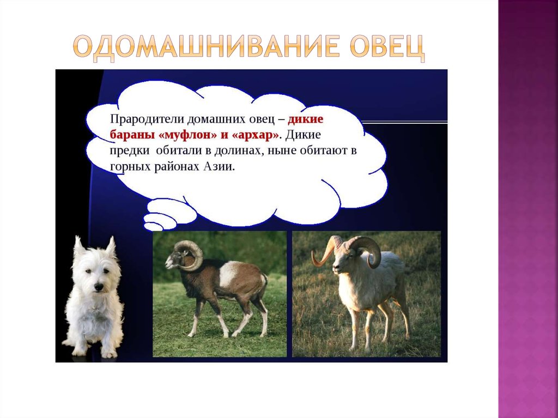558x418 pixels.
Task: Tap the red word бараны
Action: (128, 134)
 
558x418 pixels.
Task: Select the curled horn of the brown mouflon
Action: (191, 254)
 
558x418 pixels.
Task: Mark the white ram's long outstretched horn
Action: (324, 253)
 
